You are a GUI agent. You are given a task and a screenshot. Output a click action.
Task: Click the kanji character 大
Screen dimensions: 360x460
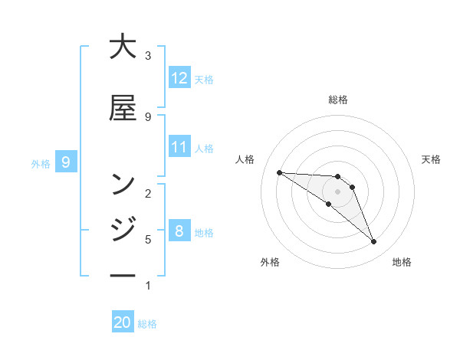pos(123,47)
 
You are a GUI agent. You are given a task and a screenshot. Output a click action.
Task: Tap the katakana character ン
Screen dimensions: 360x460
pos(123,185)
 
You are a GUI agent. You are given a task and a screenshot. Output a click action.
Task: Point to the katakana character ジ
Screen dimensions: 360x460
pos(123,227)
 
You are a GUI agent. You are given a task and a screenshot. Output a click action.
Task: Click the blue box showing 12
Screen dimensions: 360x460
pos(179,78)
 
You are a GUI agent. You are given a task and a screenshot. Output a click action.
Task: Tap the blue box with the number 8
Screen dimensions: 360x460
pos(179,231)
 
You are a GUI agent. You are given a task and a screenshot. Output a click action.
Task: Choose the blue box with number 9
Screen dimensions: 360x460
pos(66,162)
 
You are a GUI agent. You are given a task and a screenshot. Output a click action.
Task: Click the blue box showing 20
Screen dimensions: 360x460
pos(123,322)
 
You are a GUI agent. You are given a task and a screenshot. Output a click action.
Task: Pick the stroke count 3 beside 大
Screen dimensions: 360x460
pos(148,55)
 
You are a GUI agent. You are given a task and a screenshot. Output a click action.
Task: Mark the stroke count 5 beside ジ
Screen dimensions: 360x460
pos(148,239)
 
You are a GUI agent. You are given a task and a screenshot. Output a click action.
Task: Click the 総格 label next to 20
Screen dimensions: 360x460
pos(148,324)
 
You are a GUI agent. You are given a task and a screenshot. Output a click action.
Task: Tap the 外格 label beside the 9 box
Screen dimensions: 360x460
pos(41,163)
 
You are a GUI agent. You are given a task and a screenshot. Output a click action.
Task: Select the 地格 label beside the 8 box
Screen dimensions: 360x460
pos(204,232)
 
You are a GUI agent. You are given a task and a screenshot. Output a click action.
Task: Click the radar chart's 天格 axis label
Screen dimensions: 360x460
pos(431,159)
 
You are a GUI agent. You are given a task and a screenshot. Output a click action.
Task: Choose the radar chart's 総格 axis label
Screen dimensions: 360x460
pos(338,100)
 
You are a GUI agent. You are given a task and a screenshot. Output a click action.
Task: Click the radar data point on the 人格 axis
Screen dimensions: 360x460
pos(279,172)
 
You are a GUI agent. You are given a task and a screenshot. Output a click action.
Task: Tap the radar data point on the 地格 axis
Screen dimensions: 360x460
pos(374,242)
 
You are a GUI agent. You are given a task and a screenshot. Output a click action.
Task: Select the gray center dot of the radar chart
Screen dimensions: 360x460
pos(338,191)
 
